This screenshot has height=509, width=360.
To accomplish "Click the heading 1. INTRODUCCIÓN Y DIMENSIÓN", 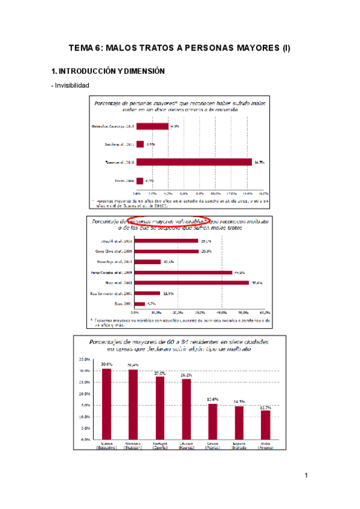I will click(109, 71).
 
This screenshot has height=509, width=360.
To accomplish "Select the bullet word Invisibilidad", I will click(71, 86).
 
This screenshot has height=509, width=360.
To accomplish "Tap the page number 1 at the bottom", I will click(305, 476).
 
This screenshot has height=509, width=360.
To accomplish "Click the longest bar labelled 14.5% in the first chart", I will click(194, 162).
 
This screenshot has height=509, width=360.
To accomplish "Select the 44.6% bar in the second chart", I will click(184, 273).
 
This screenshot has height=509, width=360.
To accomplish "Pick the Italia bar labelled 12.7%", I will click(265, 425).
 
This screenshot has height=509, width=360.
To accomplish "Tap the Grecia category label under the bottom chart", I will click(213, 445).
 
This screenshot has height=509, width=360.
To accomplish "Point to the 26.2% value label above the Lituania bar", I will click(187, 375).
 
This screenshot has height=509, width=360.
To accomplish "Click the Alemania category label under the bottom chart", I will click(133, 445).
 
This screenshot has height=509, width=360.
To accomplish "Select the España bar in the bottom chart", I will click(239, 423).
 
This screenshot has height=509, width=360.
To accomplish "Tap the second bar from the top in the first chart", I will click(140, 144).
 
